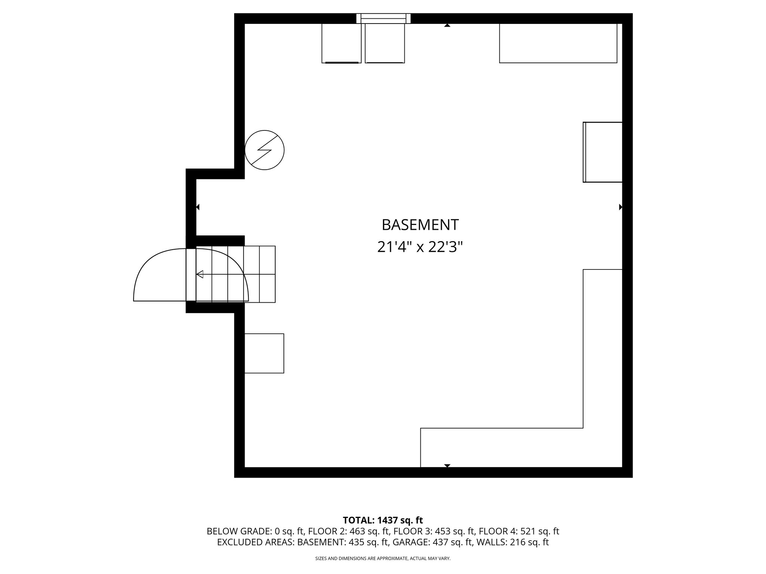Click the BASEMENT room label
tap(420, 225)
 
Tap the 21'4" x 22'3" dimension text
tap(420, 247)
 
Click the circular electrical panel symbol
tap(264, 150)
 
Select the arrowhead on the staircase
tap(200, 275)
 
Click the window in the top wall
tap(383, 18)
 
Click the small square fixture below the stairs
tap(264, 353)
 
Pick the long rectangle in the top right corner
tap(558, 43)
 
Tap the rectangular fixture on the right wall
tap(603, 152)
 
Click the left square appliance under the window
tap(341, 43)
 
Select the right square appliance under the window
tap(385, 43)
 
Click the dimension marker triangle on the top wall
tap(447, 25)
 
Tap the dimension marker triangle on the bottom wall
tap(447, 466)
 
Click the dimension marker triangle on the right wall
tap(621, 207)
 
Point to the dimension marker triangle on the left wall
tap(198, 207)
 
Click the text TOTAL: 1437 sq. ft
tap(383, 520)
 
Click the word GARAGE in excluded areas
tap(447, 543)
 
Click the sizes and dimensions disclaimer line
tap(383, 559)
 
